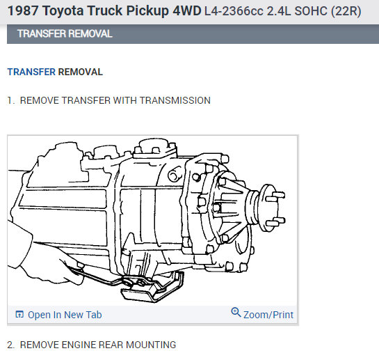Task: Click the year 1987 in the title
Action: [x=22, y=11]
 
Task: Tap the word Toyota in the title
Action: [x=63, y=11]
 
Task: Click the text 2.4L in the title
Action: [x=279, y=11]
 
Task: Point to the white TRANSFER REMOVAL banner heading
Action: [x=65, y=33]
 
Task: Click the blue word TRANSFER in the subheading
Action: [x=31, y=72]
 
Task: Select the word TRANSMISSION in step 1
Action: [x=175, y=100]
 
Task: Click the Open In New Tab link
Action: [x=65, y=315]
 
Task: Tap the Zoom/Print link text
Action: [x=268, y=315]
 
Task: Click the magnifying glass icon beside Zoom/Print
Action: [x=236, y=313]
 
